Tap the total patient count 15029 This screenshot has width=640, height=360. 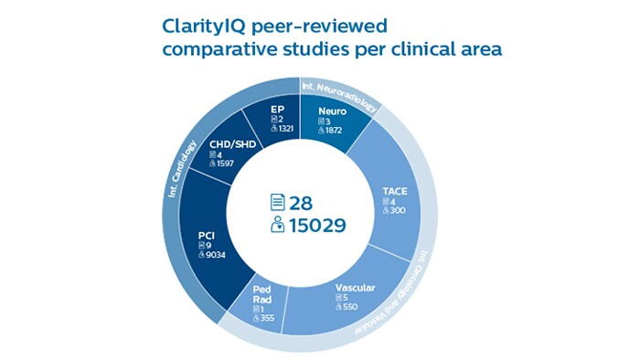click(318, 225)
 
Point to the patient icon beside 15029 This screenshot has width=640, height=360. click(278, 225)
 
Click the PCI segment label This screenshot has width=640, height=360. click(207, 234)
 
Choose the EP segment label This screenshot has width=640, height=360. click(278, 110)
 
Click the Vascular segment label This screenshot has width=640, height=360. click(356, 288)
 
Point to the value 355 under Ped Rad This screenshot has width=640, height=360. click(267, 316)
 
